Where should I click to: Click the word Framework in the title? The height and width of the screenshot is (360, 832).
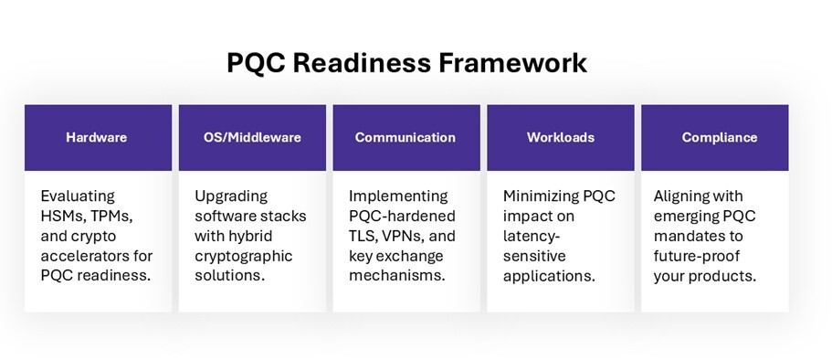pyautogui.click(x=512, y=63)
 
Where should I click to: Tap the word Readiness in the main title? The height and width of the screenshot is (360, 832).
pyautogui.click(x=362, y=63)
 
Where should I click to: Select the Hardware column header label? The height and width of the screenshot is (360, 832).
pyautogui.click(x=97, y=138)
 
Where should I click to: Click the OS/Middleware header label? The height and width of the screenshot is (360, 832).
pyautogui.click(x=252, y=138)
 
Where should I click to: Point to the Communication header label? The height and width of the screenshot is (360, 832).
pyautogui.click(x=405, y=138)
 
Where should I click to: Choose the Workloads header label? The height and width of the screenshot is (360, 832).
pyautogui.click(x=561, y=138)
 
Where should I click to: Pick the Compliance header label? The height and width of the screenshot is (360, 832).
pyautogui.click(x=720, y=138)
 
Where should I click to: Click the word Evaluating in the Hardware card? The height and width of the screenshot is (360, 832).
pyautogui.click(x=78, y=196)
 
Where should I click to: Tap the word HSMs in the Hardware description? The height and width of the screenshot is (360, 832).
pyautogui.click(x=58, y=217)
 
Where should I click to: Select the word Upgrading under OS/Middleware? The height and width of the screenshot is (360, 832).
pyautogui.click(x=231, y=196)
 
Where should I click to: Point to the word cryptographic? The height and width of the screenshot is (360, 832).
pyautogui.click(x=244, y=257)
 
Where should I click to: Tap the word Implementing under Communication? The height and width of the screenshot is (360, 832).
pyautogui.click(x=398, y=196)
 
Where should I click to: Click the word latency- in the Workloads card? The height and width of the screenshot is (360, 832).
pyautogui.click(x=531, y=237)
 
